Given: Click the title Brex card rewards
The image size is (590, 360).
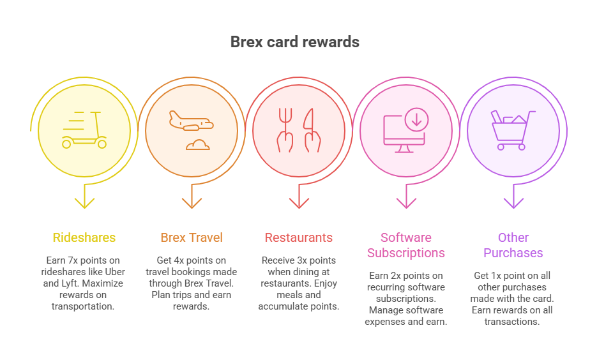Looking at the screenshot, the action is coord(294,41).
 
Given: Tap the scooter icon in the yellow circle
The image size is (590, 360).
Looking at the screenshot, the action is coord(84,130).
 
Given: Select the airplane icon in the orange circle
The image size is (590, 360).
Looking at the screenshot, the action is coord(191,121).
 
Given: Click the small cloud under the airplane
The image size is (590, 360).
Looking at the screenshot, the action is coord(197,145).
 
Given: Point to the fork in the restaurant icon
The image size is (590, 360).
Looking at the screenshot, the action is coord(285,130).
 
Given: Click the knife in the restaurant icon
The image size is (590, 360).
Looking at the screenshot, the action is coord(312,130).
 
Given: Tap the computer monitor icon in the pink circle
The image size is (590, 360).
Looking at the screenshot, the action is coord(404,134).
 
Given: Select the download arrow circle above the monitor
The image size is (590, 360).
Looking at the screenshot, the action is coord(416,119).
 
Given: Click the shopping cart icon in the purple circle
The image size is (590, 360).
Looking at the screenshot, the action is coord(513,130).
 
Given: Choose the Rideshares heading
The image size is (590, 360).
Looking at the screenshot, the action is coord(84,237).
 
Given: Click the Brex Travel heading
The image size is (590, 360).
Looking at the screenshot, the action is coord(192,237).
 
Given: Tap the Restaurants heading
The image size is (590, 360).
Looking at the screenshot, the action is coord(299,237).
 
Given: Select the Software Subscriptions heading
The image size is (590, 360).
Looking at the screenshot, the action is coord(406,245).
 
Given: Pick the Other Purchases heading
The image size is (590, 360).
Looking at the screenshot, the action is coord(513,245).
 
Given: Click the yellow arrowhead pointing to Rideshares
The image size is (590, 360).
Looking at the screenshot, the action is coord(84,203).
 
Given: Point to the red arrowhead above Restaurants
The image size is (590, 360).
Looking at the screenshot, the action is coord(299,203).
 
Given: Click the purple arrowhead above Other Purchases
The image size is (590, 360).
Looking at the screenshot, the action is coord(513,203).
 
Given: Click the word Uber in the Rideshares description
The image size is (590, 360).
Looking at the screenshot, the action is coord(115,272).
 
